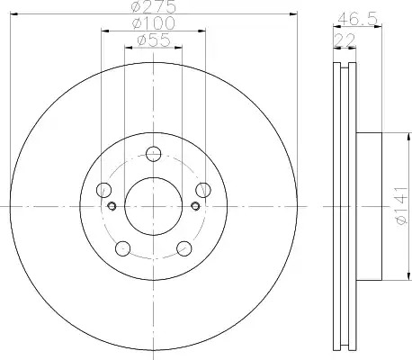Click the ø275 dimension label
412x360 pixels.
click(x=154, y=6)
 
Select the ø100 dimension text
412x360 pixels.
click(x=154, y=23)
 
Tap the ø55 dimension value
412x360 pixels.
click(x=154, y=40)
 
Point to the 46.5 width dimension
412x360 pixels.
click(x=357, y=20)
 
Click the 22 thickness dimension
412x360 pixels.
click(x=345, y=40)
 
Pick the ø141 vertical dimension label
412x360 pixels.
click(x=401, y=206)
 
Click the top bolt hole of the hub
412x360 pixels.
click(x=154, y=154)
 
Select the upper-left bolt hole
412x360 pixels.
click(x=103, y=190)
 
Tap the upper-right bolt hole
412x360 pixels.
click(x=203, y=190)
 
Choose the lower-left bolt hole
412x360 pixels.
click(x=123, y=248)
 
